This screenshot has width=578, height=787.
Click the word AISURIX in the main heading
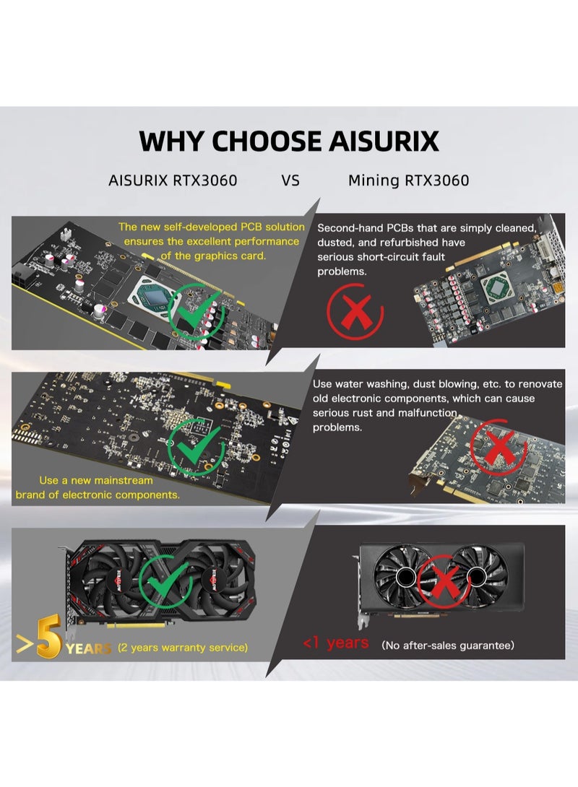(384, 141)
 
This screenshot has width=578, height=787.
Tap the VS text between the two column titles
(290, 181)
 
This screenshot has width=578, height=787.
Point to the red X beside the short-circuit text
(355, 312)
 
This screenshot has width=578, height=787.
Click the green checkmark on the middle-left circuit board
(196, 447)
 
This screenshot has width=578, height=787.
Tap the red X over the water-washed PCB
(498, 447)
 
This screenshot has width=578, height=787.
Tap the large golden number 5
(48, 636)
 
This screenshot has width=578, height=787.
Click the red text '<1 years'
(335, 643)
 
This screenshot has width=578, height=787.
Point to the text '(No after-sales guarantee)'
(448, 645)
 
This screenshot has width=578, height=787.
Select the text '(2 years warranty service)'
(183, 648)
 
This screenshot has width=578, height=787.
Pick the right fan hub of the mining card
(476, 577)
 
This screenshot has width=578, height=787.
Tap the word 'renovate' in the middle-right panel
(540, 384)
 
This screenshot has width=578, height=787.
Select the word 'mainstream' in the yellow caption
(124, 480)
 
